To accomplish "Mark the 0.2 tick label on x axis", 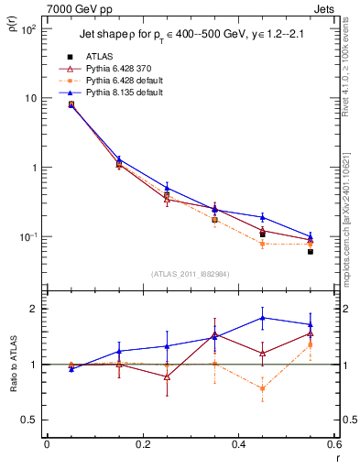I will (142, 447).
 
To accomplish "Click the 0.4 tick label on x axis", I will (238, 447).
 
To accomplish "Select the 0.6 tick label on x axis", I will (333, 447).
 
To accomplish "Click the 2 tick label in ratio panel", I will (35, 309).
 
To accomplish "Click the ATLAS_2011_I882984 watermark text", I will (191, 273).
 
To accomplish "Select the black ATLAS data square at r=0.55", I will (311, 251).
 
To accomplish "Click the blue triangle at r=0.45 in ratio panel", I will (263, 318).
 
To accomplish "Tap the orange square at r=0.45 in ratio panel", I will (263, 388).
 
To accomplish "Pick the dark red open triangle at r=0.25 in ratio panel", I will (167, 376).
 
